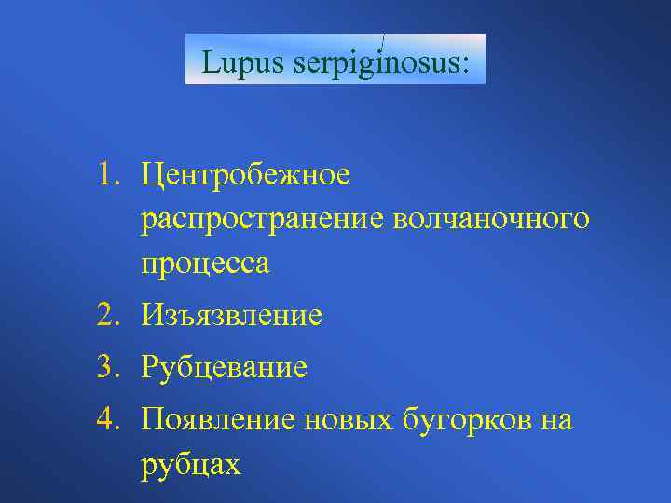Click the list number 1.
point(111,173)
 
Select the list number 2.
point(111,316)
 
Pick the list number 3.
point(111,368)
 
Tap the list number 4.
point(111,420)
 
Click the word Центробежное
point(246,174)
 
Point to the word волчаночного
point(491,220)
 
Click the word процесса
point(206,265)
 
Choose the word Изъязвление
point(232,317)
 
